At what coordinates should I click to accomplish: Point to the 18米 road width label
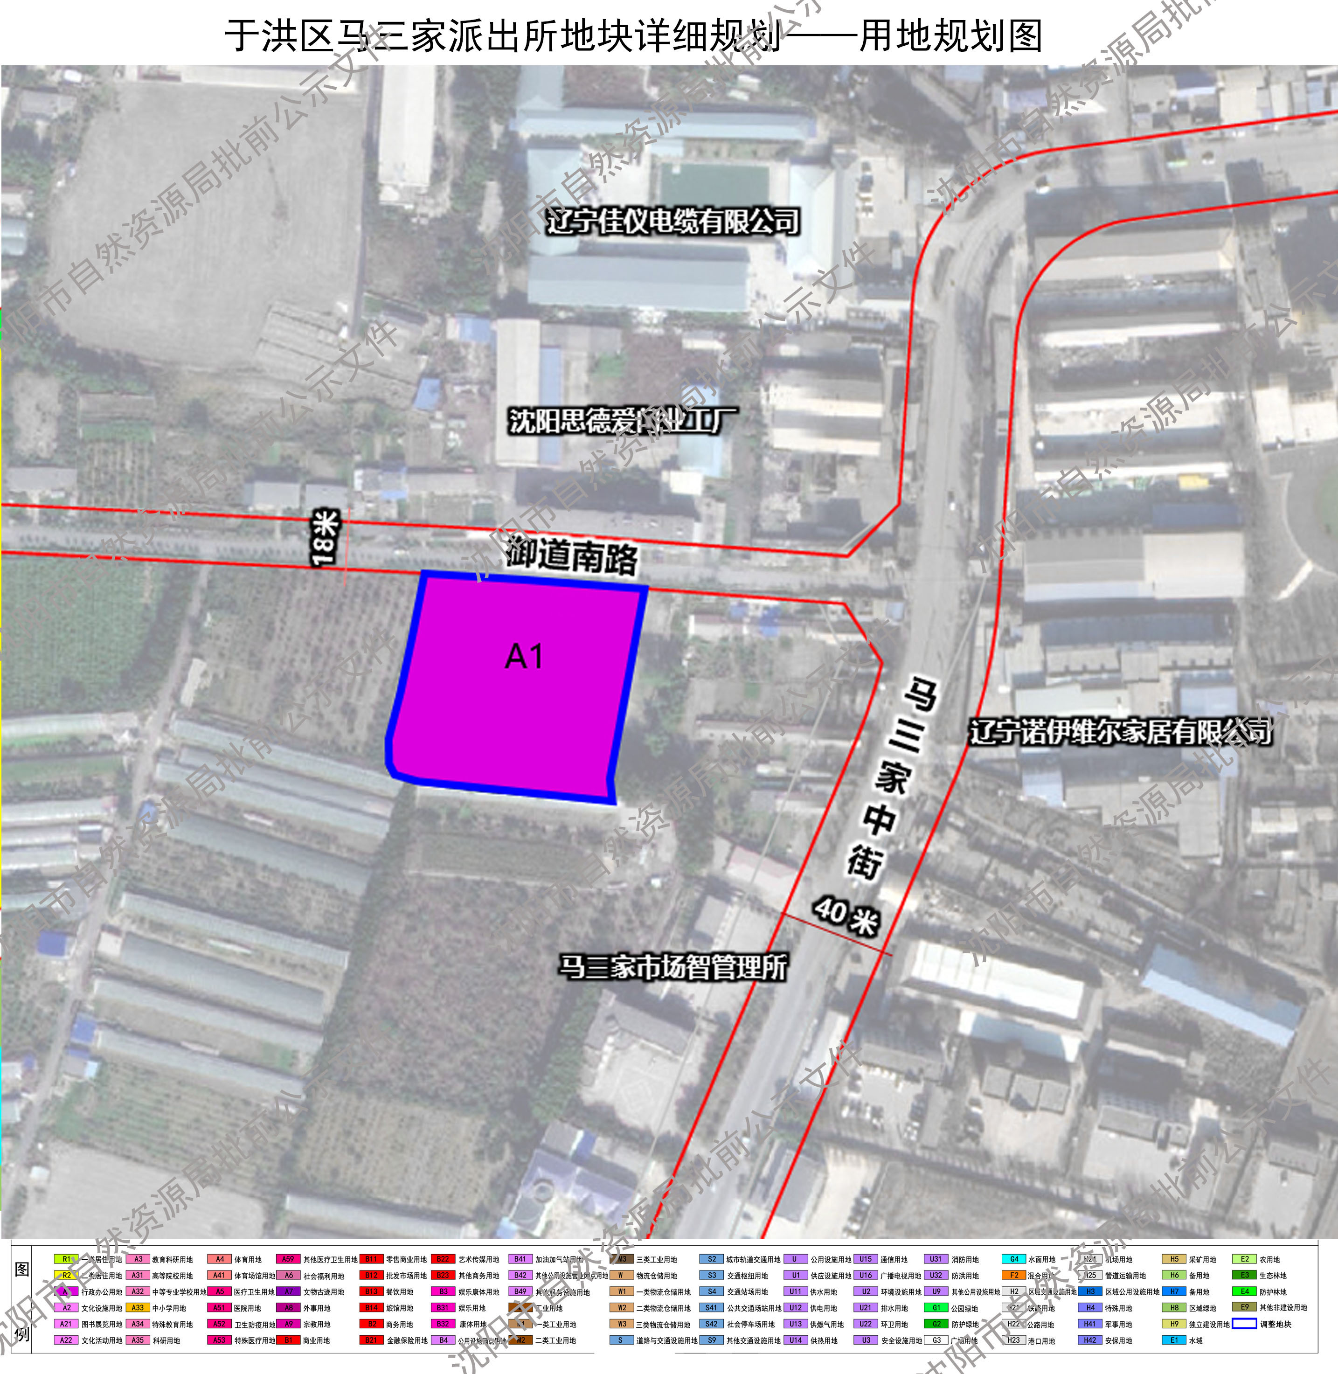pyautogui.click(x=326, y=538)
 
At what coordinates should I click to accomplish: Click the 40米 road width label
pyautogui.click(x=846, y=915)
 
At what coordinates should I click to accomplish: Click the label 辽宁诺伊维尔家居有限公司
pyautogui.click(x=1120, y=732)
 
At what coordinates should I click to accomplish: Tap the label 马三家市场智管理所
pyautogui.click(x=672, y=966)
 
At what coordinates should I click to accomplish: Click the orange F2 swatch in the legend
pyautogui.click(x=1013, y=1275)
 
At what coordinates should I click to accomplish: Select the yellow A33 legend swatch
pyautogui.click(x=137, y=1308)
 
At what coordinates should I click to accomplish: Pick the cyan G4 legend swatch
pyautogui.click(x=1013, y=1259)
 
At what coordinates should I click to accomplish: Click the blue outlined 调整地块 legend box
pyautogui.click(x=1245, y=1324)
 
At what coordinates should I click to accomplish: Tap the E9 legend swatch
pyautogui.click(x=1245, y=1307)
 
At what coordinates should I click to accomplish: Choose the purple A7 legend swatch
pyautogui.click(x=288, y=1292)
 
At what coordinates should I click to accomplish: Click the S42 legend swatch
pyautogui.click(x=711, y=1324)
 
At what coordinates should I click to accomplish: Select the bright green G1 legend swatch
pyautogui.click(x=936, y=1308)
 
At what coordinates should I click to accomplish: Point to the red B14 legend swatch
pyautogui.click(x=371, y=1308)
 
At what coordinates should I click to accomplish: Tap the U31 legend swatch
pyautogui.click(x=936, y=1259)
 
